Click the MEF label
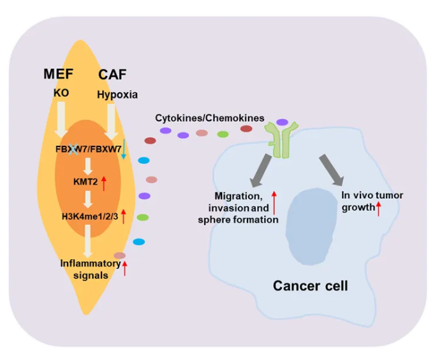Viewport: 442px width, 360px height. pyautogui.click(x=58, y=74)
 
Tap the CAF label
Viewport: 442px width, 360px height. pyautogui.click(x=112, y=75)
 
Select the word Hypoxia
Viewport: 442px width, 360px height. pyautogui.click(x=117, y=95)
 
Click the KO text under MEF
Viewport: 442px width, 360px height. pyautogui.click(x=61, y=92)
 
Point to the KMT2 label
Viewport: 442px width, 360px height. pyautogui.click(x=85, y=182)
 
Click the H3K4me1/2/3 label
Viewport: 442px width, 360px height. pyautogui.click(x=90, y=217)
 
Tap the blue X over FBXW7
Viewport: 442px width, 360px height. pyautogui.click(x=73, y=149)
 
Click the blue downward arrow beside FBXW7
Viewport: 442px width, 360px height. pyautogui.click(x=124, y=149)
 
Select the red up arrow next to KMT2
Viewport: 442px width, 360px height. pyautogui.click(x=104, y=184)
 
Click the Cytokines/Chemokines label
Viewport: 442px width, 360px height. pyautogui.click(x=210, y=118)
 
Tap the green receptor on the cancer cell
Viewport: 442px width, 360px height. pyautogui.click(x=281, y=140)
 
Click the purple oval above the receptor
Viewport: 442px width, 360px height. pyautogui.click(x=282, y=122)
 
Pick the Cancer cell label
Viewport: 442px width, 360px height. pyautogui.click(x=311, y=285)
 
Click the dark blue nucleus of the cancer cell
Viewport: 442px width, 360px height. pyautogui.click(x=311, y=226)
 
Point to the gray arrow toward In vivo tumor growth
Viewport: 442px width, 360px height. pyautogui.click(x=332, y=170)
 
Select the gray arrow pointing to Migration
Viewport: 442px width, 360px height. pyautogui.click(x=261, y=171)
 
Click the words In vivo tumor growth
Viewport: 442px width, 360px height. pyautogui.click(x=372, y=201)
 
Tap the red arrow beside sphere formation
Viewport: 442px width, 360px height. pyautogui.click(x=274, y=203)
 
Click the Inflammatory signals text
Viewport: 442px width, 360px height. pyautogui.click(x=91, y=270)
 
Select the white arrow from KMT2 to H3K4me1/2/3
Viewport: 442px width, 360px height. pyautogui.click(x=88, y=199)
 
